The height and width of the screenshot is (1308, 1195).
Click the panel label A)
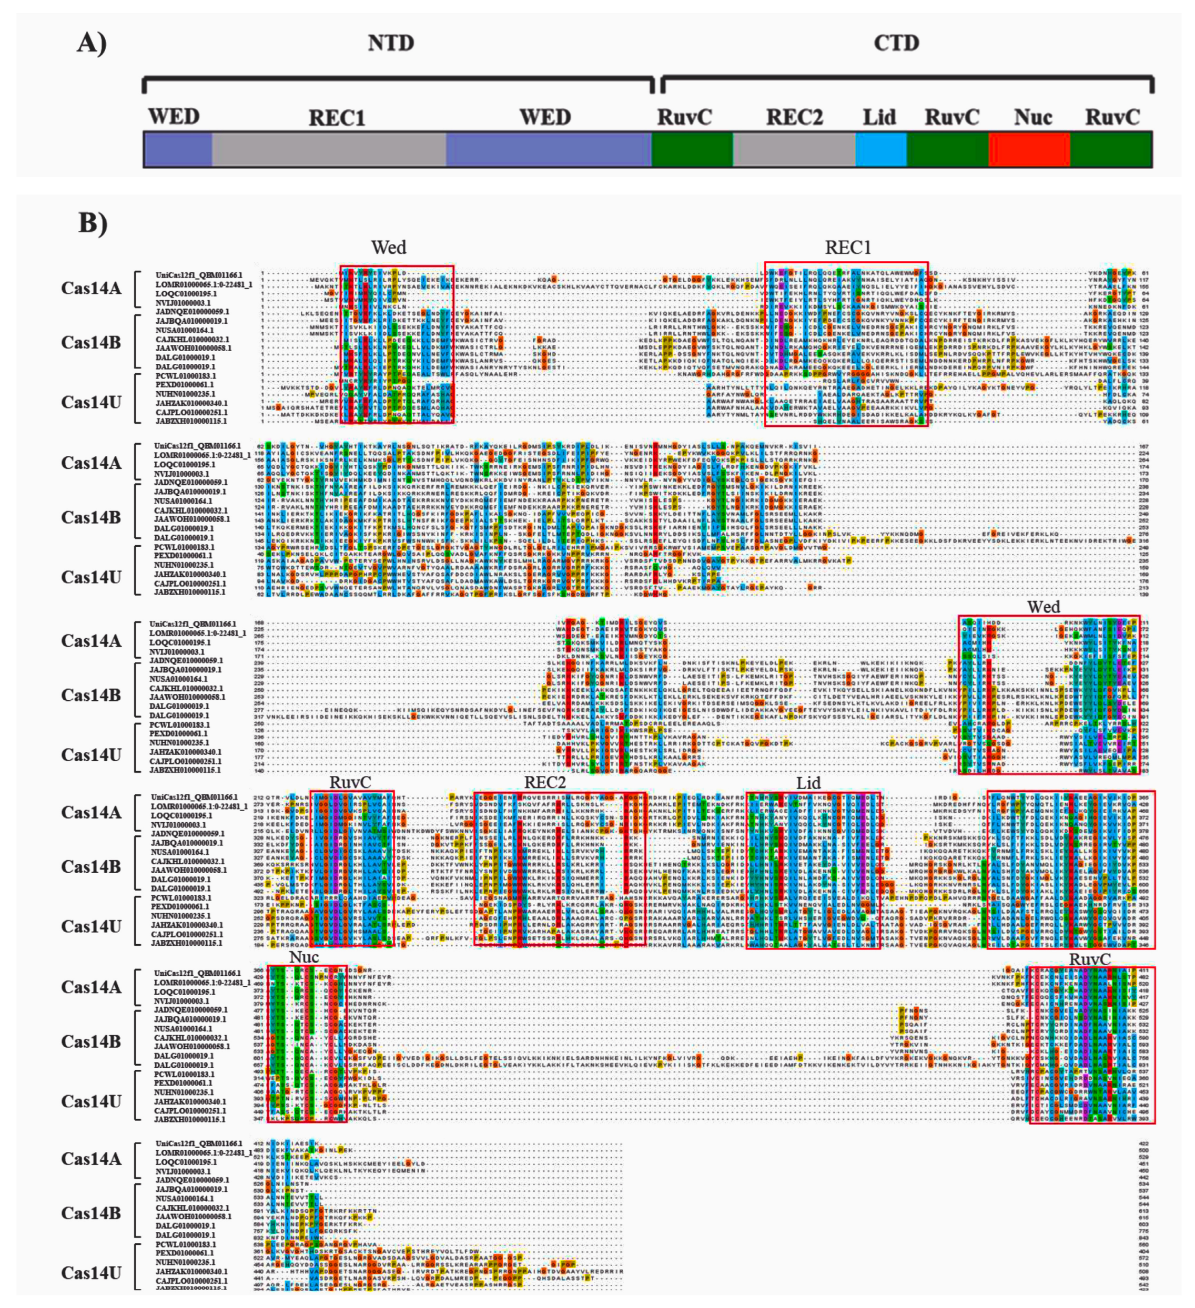(x=92, y=44)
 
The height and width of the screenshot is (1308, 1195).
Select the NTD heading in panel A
(x=390, y=44)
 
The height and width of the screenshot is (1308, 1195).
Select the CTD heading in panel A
(x=896, y=44)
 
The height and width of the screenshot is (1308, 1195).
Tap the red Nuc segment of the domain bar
(x=1029, y=149)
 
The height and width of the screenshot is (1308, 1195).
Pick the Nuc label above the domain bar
(x=1032, y=117)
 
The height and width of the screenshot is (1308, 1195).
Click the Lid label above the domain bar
(x=879, y=117)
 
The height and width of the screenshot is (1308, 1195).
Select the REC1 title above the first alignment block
(x=847, y=248)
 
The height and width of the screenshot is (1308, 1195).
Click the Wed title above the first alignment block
(x=388, y=248)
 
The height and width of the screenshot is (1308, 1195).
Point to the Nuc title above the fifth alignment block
(x=304, y=958)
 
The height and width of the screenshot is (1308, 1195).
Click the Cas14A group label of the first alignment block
(x=91, y=288)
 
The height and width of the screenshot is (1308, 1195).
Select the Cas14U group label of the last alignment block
(x=91, y=1273)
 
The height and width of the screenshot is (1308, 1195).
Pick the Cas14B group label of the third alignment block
(x=91, y=695)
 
